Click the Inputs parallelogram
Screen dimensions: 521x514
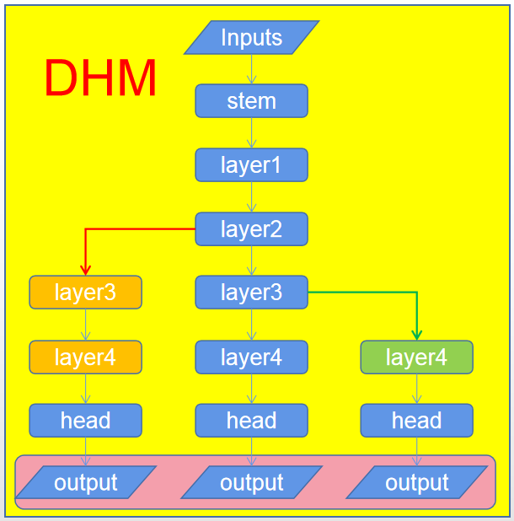click(251, 37)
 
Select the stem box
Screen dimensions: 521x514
click(251, 101)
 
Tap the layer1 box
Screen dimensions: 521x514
click(251, 165)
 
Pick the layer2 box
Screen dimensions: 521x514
click(251, 228)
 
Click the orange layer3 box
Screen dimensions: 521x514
click(85, 293)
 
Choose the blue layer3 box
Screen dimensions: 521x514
click(251, 293)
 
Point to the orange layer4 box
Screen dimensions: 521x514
click(85, 357)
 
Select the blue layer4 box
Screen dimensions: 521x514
click(251, 357)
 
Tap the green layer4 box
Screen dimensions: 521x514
click(416, 357)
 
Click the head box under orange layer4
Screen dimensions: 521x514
click(85, 420)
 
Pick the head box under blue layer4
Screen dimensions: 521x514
click(251, 420)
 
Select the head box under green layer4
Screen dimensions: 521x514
click(416, 420)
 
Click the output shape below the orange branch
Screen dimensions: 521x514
click(85, 483)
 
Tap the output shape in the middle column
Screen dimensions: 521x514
click(251, 483)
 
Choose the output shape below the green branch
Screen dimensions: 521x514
click(416, 483)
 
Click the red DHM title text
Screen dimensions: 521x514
click(100, 79)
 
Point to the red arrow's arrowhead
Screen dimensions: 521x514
click(85, 270)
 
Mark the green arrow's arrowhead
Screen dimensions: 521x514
click(417, 335)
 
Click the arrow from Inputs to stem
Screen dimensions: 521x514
click(251, 69)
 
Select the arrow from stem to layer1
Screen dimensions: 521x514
click(251, 133)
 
